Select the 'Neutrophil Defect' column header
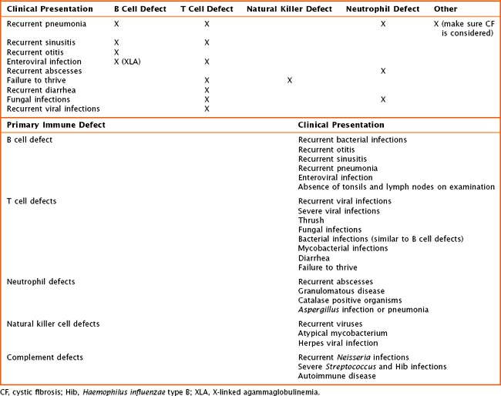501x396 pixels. (x=388, y=9)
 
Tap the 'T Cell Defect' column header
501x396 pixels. (x=207, y=9)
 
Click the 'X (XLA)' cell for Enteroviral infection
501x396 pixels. (x=127, y=62)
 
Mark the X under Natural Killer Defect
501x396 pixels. (x=290, y=80)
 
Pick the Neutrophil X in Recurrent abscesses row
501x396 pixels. (x=383, y=71)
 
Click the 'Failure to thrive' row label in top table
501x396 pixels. (x=36, y=80)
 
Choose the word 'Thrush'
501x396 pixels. (x=311, y=220)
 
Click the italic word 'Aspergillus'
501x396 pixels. (x=318, y=310)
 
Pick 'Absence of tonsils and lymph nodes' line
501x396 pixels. (x=396, y=186)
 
